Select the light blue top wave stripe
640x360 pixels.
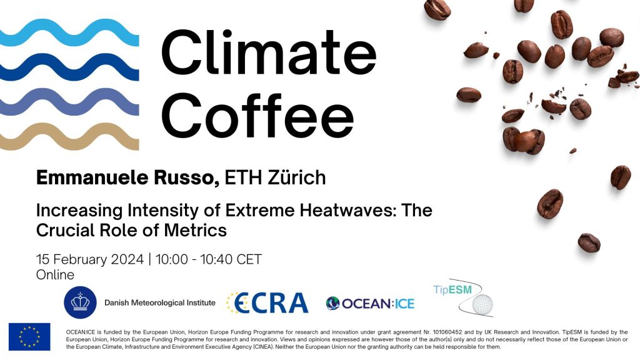(x=69, y=32)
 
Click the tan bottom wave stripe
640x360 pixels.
(x=69, y=136)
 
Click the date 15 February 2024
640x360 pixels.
(x=89, y=259)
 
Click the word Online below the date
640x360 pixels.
(x=56, y=275)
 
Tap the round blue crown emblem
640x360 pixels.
(x=79, y=303)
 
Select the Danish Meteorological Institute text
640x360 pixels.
(x=159, y=303)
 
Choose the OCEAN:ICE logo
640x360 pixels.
(x=370, y=304)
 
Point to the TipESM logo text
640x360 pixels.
(x=453, y=289)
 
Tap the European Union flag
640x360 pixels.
(x=29, y=337)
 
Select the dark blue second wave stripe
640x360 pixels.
(x=69, y=67)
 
